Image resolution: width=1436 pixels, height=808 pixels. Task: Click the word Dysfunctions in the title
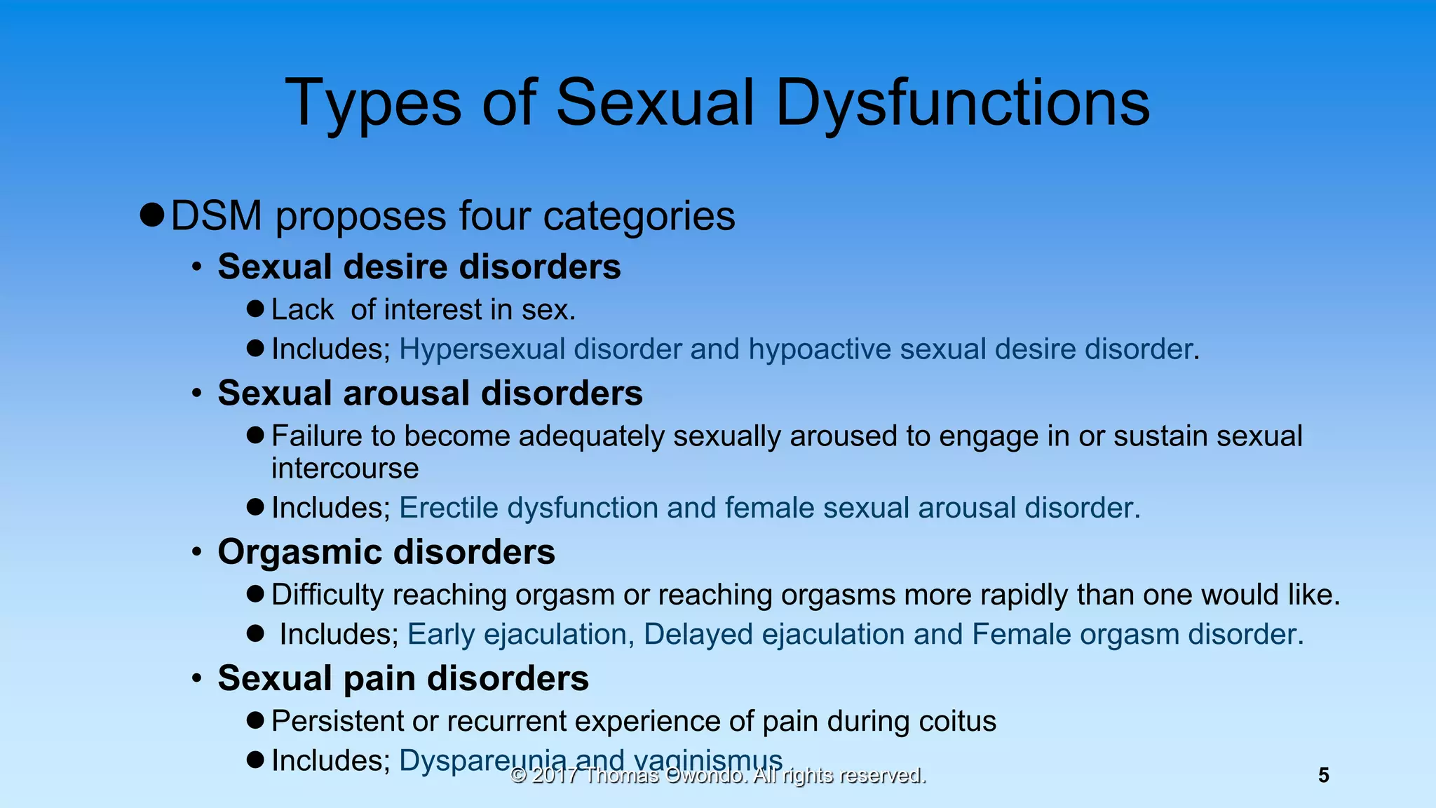tap(962, 103)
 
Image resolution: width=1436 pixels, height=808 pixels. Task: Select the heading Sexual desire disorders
tap(419, 267)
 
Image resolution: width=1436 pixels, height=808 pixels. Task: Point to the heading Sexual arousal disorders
tap(430, 393)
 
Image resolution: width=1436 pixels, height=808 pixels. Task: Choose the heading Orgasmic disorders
tap(386, 552)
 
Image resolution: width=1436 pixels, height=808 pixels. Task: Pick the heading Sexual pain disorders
tap(403, 678)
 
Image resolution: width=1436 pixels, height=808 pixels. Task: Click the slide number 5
tap(1323, 775)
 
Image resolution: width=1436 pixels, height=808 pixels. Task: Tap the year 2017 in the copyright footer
tap(555, 776)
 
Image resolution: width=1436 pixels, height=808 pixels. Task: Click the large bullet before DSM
tap(151, 214)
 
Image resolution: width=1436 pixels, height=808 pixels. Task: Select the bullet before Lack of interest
tap(256, 309)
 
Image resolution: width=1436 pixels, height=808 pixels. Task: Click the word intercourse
tap(345, 469)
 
